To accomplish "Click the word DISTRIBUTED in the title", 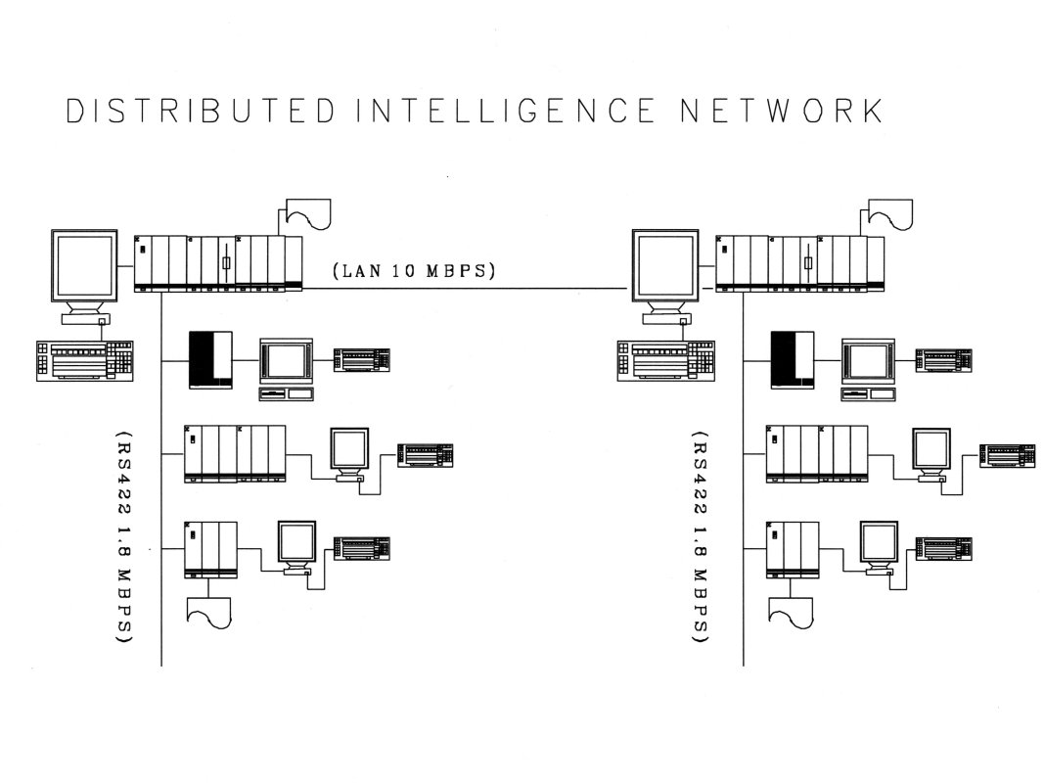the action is tap(201, 111).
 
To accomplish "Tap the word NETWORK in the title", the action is tap(782, 111).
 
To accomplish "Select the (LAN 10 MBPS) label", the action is tap(414, 271).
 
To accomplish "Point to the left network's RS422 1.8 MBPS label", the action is tap(124, 536).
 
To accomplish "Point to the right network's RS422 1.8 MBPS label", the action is tap(701, 536).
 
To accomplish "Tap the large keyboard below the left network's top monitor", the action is tap(84, 361).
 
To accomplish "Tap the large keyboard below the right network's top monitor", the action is tap(665, 361).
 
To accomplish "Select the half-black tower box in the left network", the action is tap(211, 360).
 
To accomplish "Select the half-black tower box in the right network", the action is tap(793, 360).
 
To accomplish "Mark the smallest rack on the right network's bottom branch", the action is tap(793, 550).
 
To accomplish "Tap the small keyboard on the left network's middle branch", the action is tap(426, 455).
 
